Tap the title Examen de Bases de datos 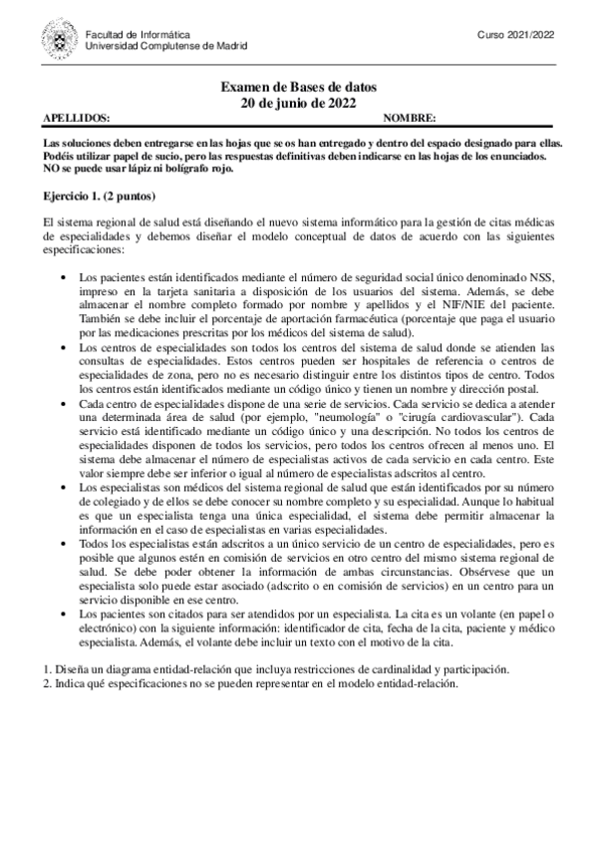(298, 88)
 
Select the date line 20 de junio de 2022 (298, 103)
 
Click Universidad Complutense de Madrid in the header (167, 46)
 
